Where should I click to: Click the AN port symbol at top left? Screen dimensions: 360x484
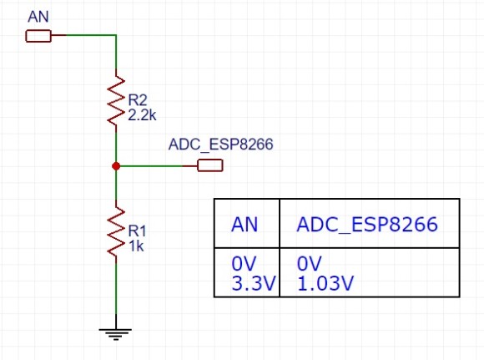coord(38,36)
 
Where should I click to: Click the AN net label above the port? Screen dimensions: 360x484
coord(38,17)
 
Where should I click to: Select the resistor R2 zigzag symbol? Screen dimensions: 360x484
coord(115,101)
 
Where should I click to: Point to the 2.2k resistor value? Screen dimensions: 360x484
coord(143,115)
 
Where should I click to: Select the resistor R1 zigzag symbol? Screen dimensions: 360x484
coord(115,231)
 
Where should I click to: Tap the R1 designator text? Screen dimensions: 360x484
coord(137,230)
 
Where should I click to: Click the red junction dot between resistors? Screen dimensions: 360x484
coord(115,166)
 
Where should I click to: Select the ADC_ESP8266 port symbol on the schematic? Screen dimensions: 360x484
coord(209,166)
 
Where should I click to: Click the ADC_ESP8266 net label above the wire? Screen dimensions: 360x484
coord(221,145)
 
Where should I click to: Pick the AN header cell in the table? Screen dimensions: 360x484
coord(245,225)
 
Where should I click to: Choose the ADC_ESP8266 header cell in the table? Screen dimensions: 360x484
coord(368,225)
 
